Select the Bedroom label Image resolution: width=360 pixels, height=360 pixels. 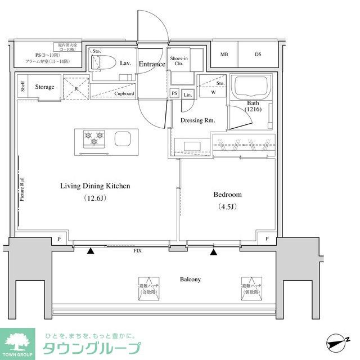(227, 195)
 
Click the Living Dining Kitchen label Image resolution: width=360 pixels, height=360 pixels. (95, 186)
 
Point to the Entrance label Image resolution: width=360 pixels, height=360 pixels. (152, 64)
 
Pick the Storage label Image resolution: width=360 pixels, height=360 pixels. (44, 87)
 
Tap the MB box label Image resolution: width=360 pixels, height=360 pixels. (224, 55)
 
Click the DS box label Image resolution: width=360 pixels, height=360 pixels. (258, 55)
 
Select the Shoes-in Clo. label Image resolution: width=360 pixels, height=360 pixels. (179, 61)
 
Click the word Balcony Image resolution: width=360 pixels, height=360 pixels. (190, 279)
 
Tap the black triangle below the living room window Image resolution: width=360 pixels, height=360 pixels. (91, 251)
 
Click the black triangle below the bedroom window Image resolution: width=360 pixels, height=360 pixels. (213, 251)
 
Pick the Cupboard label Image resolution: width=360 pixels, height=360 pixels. (124, 94)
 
